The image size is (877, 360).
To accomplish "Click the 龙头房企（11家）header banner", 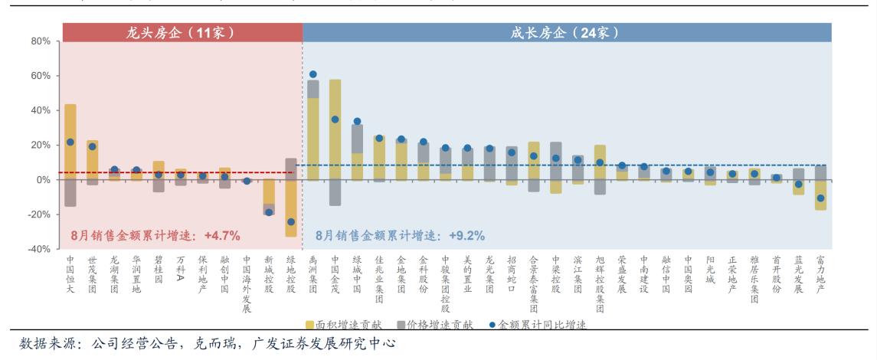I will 182,32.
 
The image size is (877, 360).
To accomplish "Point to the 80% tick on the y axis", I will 40,41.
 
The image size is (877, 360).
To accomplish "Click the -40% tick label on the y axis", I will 38,249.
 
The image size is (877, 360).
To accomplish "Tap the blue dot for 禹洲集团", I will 313,74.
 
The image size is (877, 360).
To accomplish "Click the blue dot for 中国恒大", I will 70,142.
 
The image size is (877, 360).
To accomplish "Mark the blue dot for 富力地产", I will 820,198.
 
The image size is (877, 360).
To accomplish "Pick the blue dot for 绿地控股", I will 291,222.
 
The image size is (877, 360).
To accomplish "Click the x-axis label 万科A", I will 181,270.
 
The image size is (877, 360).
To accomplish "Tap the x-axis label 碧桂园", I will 159,270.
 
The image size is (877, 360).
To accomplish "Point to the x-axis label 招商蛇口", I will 512,274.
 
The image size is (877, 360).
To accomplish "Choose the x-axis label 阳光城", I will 710,270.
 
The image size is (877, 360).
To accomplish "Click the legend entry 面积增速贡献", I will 342,325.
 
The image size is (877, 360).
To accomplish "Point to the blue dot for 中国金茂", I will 335,119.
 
